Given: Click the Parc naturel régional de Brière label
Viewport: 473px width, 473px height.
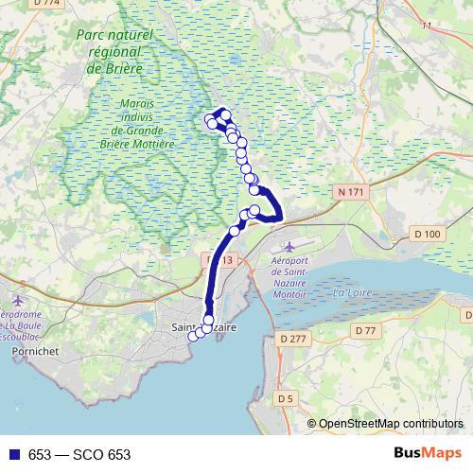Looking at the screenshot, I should (x=114, y=51).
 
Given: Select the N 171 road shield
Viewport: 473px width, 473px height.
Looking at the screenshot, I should (x=351, y=192).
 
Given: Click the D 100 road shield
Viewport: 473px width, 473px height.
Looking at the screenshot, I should (x=428, y=234).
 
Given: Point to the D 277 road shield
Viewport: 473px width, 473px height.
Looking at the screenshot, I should (x=294, y=338).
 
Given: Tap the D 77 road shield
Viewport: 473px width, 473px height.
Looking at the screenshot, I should (x=365, y=329).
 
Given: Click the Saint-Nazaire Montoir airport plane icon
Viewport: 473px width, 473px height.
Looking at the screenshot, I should (x=275, y=247).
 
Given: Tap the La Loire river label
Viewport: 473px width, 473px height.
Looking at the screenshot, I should (x=351, y=293).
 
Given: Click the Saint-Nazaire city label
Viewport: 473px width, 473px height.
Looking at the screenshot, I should (x=204, y=327).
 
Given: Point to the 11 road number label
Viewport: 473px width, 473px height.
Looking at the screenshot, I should (x=426, y=26).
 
